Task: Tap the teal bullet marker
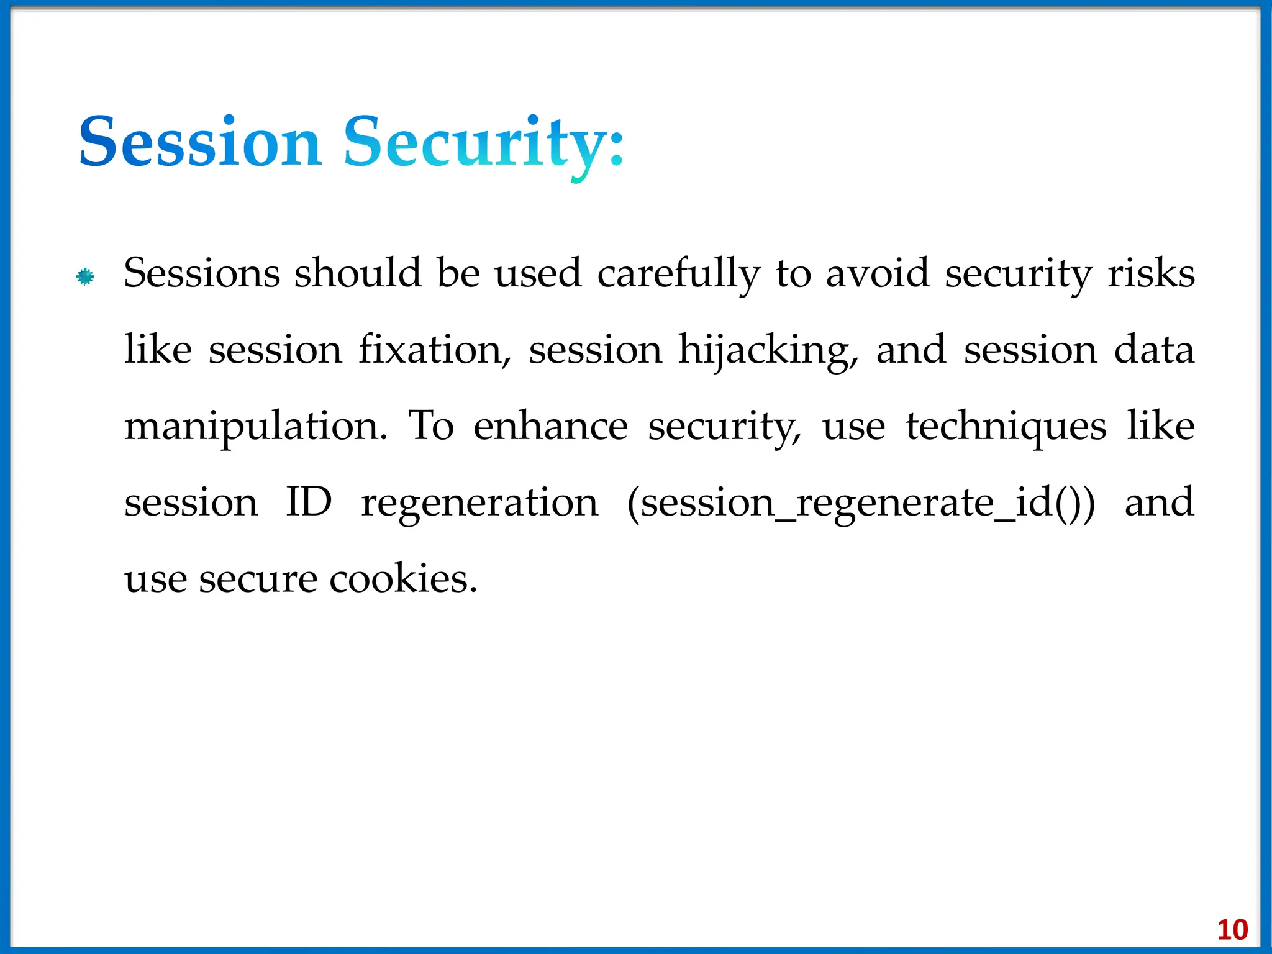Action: [x=85, y=276]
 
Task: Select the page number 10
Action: [x=1232, y=930]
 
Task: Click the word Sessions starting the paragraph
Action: [x=202, y=273]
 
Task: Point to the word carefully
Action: [x=678, y=275]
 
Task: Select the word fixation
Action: [x=435, y=350]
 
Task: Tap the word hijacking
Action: [x=768, y=351]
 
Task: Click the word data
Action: [x=1154, y=350]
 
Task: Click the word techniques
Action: [x=1006, y=427]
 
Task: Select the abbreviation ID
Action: [x=309, y=502]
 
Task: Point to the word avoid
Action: [x=877, y=273]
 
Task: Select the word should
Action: [x=358, y=273]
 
